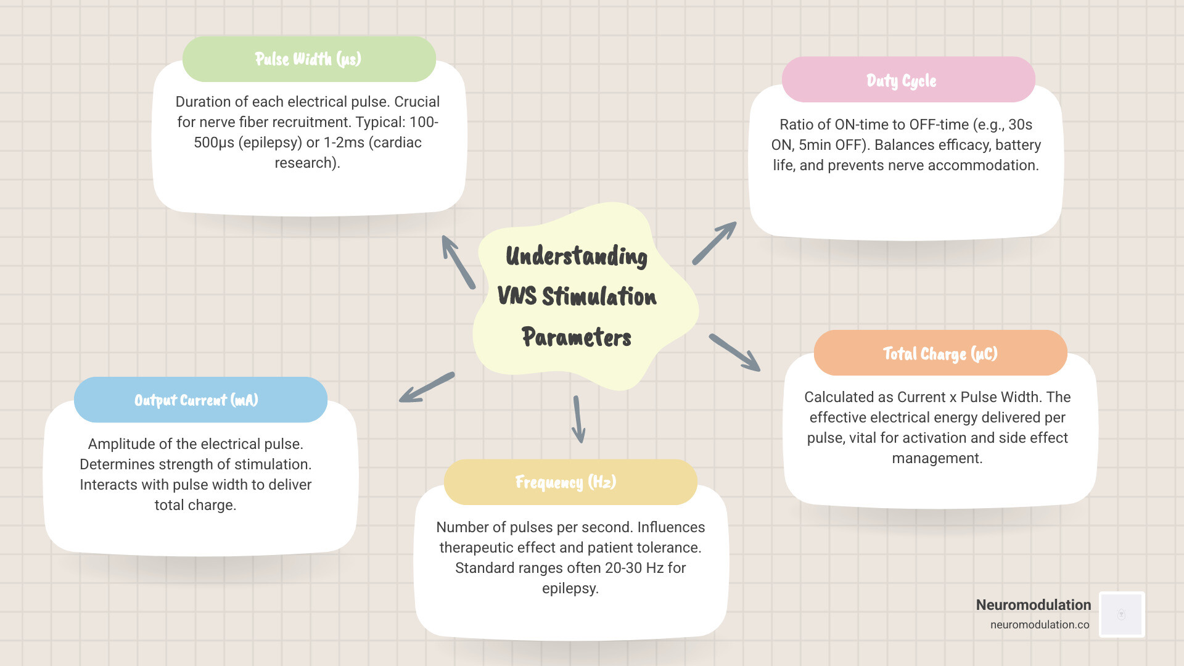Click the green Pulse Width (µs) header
point(308,59)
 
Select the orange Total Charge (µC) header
point(940,353)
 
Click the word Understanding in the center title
point(577,256)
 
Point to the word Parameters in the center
point(577,337)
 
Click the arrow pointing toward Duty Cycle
point(715,243)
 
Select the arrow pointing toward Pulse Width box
point(458,262)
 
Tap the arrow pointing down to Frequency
point(578,419)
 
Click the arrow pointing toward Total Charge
point(734,353)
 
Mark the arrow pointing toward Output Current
point(427,388)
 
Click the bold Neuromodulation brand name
point(1033,605)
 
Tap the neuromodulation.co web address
point(1040,625)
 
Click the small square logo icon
point(1122,614)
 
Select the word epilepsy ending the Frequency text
point(569,588)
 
